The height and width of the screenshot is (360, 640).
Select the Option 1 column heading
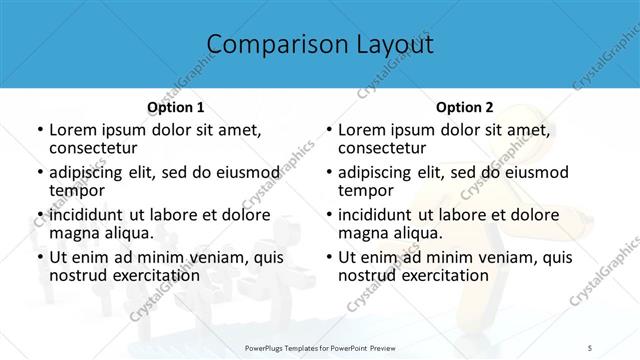175,107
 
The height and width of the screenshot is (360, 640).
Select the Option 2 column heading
464,107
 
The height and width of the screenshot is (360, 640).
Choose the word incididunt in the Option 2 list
381,214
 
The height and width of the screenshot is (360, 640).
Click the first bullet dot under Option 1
39,130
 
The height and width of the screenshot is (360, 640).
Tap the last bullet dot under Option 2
328,257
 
